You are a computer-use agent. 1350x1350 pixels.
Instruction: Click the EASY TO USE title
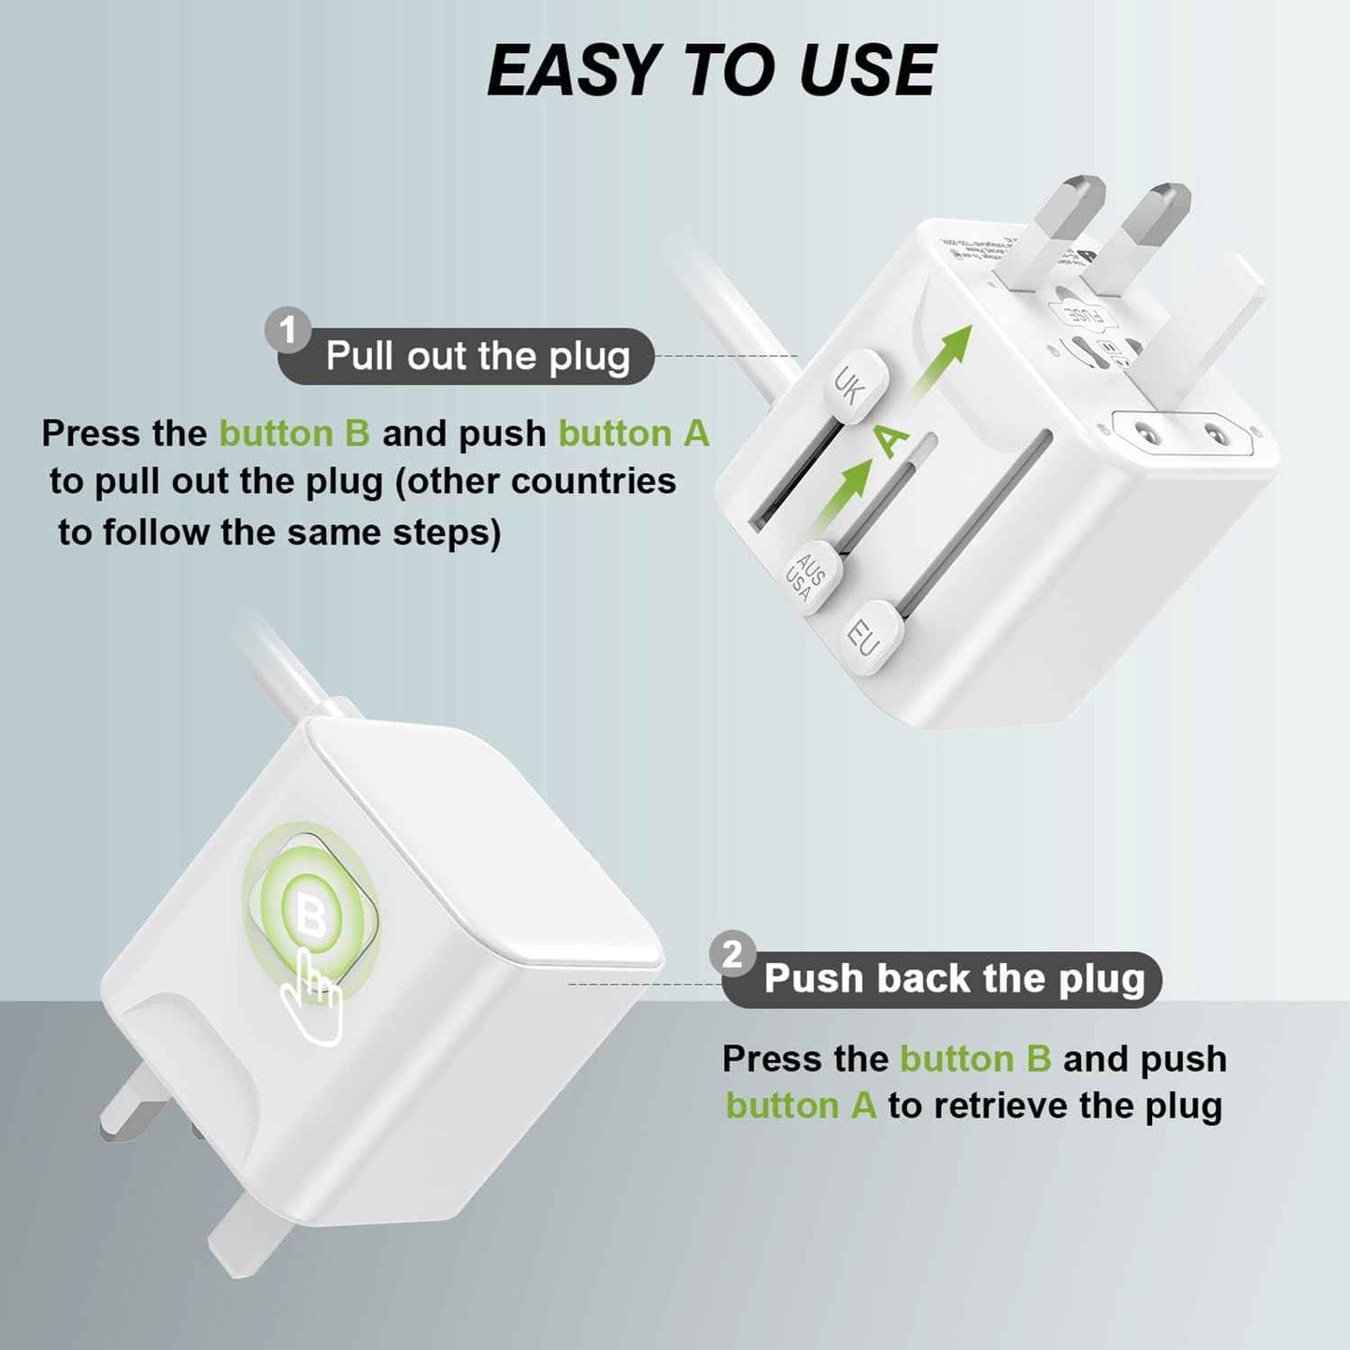pos(711,70)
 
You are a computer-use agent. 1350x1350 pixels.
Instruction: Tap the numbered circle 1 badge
pos(288,330)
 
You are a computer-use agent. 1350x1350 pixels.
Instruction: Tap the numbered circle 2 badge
pos(732,954)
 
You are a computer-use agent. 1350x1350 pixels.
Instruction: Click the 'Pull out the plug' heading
pos(477,357)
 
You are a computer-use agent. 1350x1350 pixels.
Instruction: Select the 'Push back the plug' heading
pos(954,979)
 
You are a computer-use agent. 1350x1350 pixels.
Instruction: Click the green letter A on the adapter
pos(891,439)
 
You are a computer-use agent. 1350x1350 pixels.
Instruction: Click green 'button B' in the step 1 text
pos(294,433)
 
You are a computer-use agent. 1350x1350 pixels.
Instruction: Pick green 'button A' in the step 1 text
pos(633,433)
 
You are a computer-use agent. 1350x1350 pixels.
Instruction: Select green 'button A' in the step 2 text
pos(801,1106)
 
